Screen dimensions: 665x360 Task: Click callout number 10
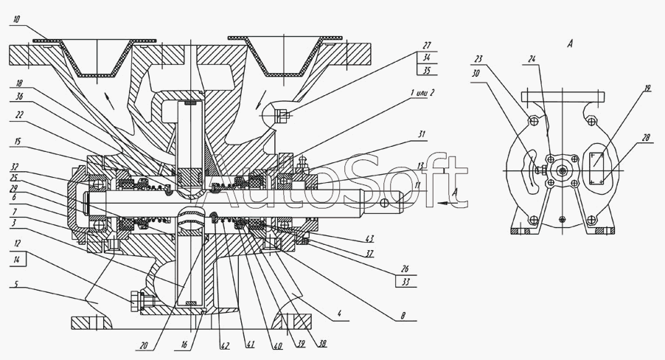point(16,19)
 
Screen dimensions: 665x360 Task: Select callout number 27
point(427,46)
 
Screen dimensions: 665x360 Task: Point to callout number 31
point(421,134)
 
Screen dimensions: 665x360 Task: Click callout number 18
point(19,83)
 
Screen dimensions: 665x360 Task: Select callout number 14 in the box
point(16,260)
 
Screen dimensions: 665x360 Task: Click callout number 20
point(144,346)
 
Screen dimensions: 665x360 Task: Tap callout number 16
point(184,345)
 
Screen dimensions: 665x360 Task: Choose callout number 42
point(225,345)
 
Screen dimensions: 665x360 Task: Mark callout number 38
point(322,344)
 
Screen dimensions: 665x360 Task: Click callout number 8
point(403,316)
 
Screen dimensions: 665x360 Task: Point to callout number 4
point(339,314)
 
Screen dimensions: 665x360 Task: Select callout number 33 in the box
point(405,282)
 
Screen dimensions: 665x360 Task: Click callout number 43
point(369,240)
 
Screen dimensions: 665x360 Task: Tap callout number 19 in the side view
point(647,89)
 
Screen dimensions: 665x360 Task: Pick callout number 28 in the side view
point(647,138)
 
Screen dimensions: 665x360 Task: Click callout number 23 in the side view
point(478,59)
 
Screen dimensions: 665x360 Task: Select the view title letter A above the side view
point(570,44)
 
